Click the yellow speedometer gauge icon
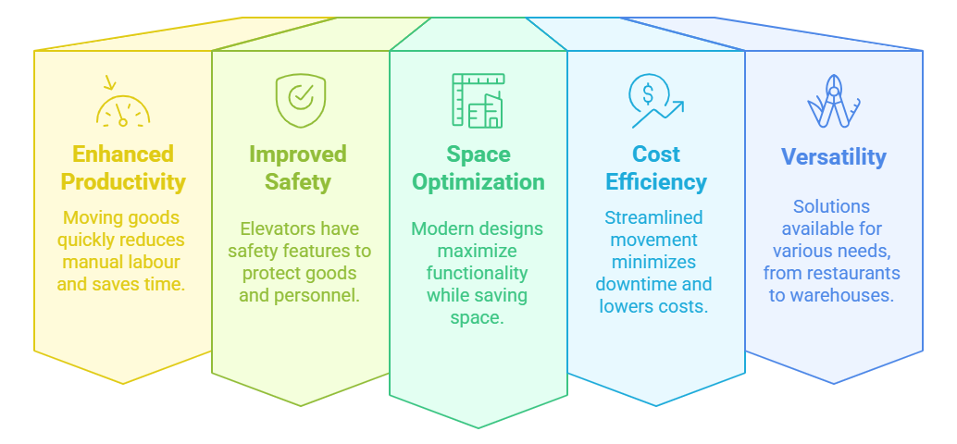pos(122,106)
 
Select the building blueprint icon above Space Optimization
pos(478,101)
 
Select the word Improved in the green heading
pos(297,154)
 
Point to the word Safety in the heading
pos(297,181)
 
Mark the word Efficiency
pos(655,181)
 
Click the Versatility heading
pos(833,157)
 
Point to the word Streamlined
pos(653,217)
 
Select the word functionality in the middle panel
pos(477,273)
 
